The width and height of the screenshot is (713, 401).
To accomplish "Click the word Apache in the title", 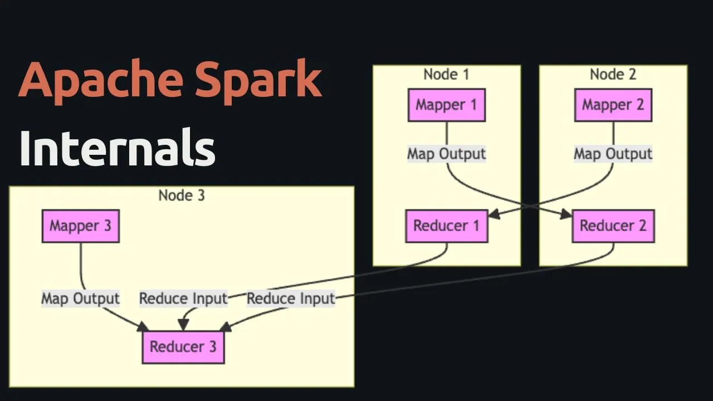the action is pos(101,81).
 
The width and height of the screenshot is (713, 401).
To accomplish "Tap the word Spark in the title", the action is pos(258,81).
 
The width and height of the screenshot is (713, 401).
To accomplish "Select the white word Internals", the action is pos(118,147).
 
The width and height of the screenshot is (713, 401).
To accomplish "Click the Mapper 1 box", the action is pos(447,105).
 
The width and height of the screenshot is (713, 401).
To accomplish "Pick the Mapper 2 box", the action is pos(613,105).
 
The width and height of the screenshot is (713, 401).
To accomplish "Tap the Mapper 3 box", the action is pos(81,226).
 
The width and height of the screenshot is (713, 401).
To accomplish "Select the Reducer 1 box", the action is pos(447,226).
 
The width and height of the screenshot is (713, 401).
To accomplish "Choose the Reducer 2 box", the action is pos(613,226).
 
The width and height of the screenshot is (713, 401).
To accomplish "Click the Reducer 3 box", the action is pos(183,347).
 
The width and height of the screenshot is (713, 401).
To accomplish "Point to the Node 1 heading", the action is pos(447,75).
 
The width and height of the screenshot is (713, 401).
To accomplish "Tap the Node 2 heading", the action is pos(613,75).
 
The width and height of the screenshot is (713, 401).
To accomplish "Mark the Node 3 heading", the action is pos(182,195).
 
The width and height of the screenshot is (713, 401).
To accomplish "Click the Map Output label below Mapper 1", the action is pos(447,154).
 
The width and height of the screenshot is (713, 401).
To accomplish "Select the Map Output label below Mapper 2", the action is pos(613,154).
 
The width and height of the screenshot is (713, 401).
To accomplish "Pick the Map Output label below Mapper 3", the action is pos(81,299).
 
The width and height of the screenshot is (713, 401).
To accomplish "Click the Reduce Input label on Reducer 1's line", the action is pos(184,299).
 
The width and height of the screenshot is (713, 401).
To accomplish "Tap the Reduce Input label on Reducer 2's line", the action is pos(291,299).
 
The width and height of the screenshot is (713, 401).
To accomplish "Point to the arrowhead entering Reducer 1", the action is pos(494,214).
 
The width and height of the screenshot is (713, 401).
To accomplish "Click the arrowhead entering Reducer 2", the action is pos(567,214).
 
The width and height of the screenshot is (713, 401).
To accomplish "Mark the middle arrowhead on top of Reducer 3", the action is pos(183,325).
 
